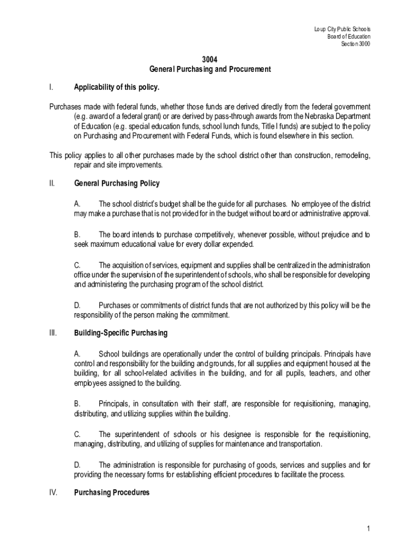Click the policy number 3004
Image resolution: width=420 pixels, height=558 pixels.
[210, 60]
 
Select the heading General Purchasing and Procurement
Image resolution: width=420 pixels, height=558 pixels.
[210, 70]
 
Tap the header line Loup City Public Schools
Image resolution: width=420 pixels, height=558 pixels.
[342, 29]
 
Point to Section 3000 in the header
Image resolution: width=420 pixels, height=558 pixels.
[355, 44]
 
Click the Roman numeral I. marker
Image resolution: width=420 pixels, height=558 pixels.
[51, 87]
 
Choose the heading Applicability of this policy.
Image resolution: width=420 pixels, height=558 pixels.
[117, 87]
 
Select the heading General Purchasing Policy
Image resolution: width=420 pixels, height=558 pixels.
[117, 184]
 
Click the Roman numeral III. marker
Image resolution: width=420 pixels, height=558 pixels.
[53, 332]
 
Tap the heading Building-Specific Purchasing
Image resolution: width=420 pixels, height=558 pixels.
[121, 332]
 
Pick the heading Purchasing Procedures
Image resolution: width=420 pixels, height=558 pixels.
[111, 493]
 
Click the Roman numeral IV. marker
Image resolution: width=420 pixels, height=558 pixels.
[53, 493]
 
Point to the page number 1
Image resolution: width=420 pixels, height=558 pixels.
[369, 529]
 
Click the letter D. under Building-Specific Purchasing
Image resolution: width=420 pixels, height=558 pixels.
[77, 465]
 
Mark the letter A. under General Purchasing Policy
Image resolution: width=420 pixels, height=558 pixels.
[77, 204]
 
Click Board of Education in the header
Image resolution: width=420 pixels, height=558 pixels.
[349, 37]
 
